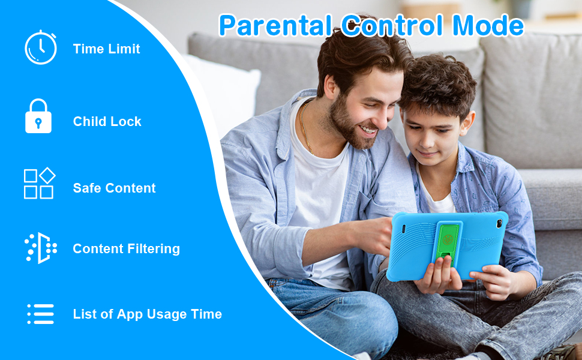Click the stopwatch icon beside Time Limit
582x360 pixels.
tap(40, 48)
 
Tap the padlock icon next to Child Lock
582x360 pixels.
tap(38, 116)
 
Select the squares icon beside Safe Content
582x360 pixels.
tap(39, 184)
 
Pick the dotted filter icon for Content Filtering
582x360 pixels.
tap(40, 248)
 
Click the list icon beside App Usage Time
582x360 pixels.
tap(40, 314)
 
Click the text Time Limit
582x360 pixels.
tap(106, 49)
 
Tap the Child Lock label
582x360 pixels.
tap(107, 121)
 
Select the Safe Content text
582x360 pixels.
tap(114, 188)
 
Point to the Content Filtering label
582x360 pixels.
tap(126, 248)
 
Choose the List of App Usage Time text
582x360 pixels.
tap(147, 314)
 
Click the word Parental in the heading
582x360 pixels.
tap(275, 26)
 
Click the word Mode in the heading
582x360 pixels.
tap(488, 26)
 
